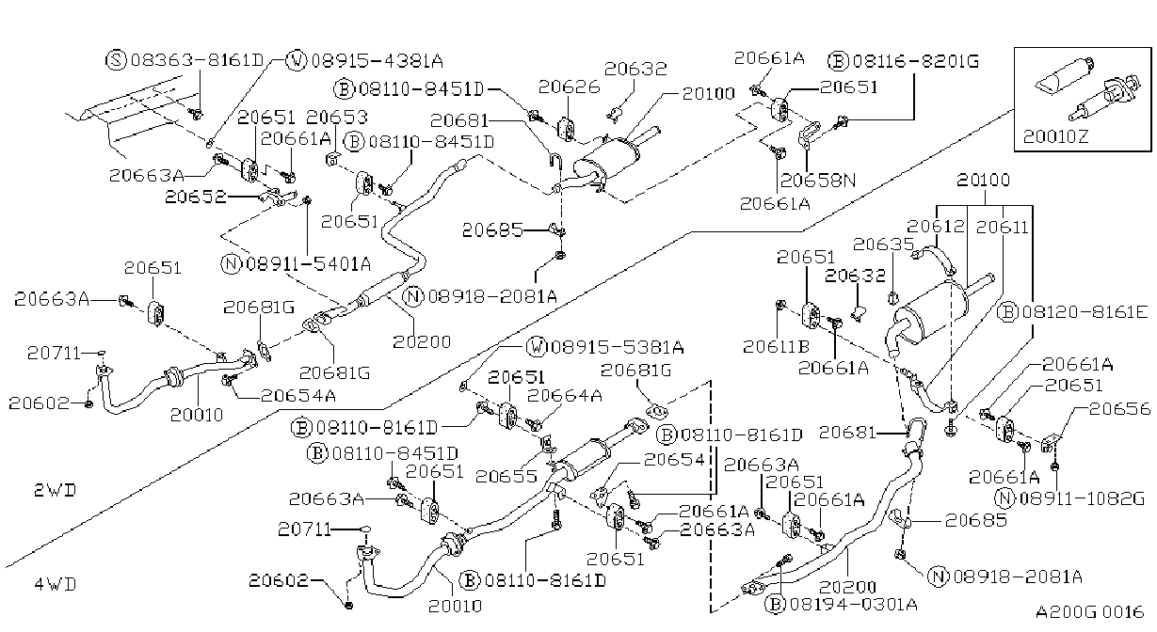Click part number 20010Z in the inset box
point(1055,136)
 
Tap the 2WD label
point(56,490)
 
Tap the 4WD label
point(56,585)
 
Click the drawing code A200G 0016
point(1090,612)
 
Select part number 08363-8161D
point(197,60)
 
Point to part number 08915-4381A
point(377,61)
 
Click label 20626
point(569,87)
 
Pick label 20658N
point(818,180)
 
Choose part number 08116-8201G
point(915,61)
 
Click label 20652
point(195,197)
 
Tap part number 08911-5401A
point(309,264)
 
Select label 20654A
point(298,396)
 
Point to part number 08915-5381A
point(617,347)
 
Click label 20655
point(506,476)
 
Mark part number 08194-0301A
point(853,604)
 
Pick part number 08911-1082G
point(1082,498)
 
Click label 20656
point(1119,408)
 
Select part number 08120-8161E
point(1085,312)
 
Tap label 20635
point(883,244)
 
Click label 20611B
point(776,347)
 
